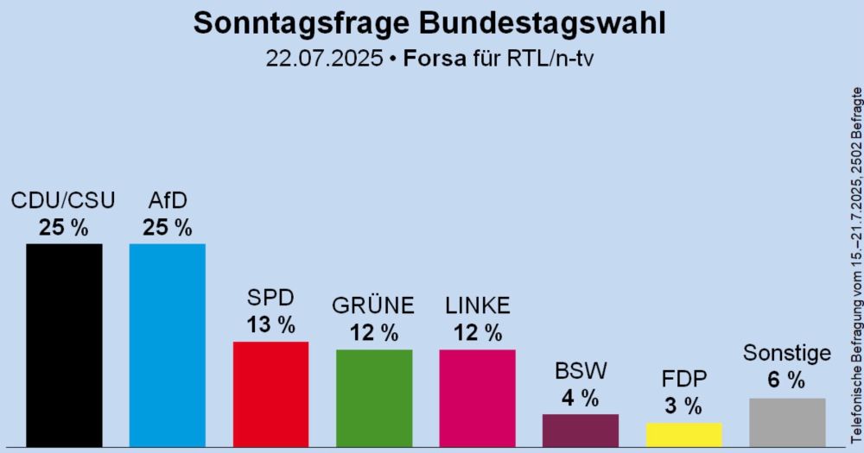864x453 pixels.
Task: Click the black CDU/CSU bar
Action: (x=64, y=345)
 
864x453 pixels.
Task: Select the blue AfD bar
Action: (x=167, y=345)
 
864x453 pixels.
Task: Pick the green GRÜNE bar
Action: (x=374, y=398)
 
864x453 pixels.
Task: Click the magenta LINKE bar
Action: (x=477, y=398)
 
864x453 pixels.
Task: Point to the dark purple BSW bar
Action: (x=580, y=431)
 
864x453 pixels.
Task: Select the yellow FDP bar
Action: (x=683, y=434)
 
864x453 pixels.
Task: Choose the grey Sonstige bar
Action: (x=787, y=422)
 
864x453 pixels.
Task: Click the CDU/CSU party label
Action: (x=63, y=201)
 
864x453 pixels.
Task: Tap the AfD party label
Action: (x=168, y=201)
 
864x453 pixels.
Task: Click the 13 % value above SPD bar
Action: (x=270, y=324)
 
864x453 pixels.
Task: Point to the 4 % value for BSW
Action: (x=580, y=398)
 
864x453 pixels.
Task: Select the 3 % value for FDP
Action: (x=683, y=406)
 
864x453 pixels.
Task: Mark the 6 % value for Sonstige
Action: (x=787, y=380)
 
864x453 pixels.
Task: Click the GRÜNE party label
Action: (x=374, y=305)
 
